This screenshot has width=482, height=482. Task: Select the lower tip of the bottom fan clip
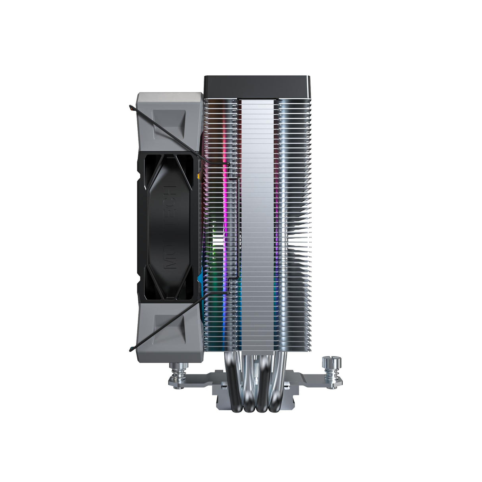pos(131,349)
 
